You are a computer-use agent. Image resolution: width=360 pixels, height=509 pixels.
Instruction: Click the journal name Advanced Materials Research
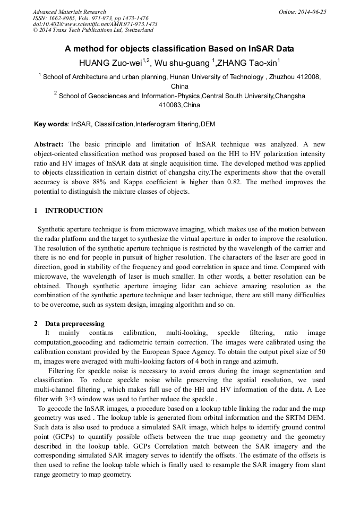(69, 12)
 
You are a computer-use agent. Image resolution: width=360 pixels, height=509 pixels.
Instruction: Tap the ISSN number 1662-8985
(63, 18)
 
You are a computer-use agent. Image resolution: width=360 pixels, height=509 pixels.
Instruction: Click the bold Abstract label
(49, 144)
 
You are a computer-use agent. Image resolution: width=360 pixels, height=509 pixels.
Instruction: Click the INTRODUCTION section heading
(74, 211)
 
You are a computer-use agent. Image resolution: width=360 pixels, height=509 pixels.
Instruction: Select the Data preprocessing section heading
(74, 323)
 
